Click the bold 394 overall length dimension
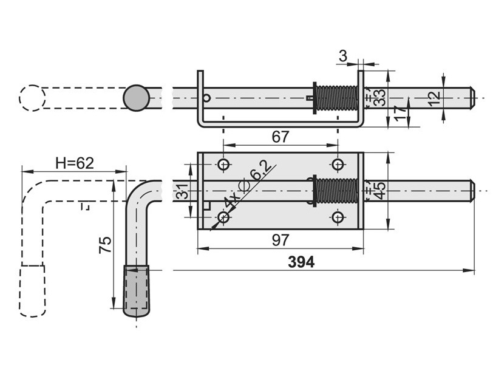(x=301, y=262)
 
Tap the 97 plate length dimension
(x=280, y=240)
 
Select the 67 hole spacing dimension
(x=280, y=137)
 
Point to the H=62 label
(x=75, y=163)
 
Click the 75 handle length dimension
(x=105, y=244)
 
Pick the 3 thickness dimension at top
(x=343, y=56)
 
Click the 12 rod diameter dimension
(x=435, y=98)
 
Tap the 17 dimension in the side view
(x=399, y=113)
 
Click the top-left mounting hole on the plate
(x=223, y=164)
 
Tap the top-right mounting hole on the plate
(x=338, y=164)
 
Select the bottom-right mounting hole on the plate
(x=338, y=217)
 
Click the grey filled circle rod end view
(x=137, y=98)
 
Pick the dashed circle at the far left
(x=32, y=98)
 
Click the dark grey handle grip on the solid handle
(x=136, y=290)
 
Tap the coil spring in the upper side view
(x=336, y=98)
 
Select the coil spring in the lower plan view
(x=336, y=191)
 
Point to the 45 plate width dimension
(x=380, y=191)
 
